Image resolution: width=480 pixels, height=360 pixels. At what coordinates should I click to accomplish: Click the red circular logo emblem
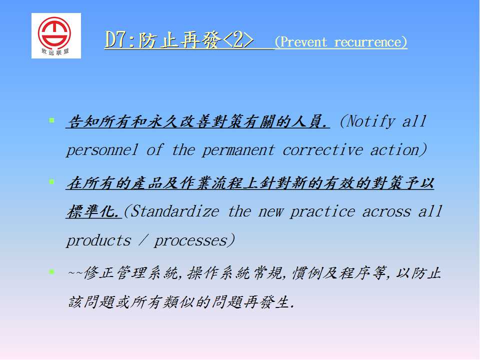pos(54,32)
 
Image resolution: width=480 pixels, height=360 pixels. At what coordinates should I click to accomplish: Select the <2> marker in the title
pos(238,40)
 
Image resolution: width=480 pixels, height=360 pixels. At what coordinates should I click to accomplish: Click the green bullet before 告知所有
pos(51,120)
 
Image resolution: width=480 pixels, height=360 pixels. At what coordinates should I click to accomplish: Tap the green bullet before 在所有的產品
pos(51,182)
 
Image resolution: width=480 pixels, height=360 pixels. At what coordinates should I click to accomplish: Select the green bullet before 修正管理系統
pos(51,271)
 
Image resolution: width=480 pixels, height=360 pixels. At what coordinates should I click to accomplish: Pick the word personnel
pos(102,150)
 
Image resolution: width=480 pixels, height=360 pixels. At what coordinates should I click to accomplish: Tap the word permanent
pos(238,150)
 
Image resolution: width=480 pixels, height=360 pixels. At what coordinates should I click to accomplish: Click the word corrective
pos(322,150)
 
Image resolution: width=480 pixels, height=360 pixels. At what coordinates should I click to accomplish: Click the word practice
pos(322,211)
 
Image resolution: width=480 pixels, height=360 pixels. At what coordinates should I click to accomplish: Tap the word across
pos(386,211)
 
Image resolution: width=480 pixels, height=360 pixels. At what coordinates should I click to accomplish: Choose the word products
pos(98,240)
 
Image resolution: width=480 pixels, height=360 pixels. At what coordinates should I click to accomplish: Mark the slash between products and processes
pos(142,240)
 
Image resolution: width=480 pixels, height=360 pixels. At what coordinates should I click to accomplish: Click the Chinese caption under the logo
pos(55,51)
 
